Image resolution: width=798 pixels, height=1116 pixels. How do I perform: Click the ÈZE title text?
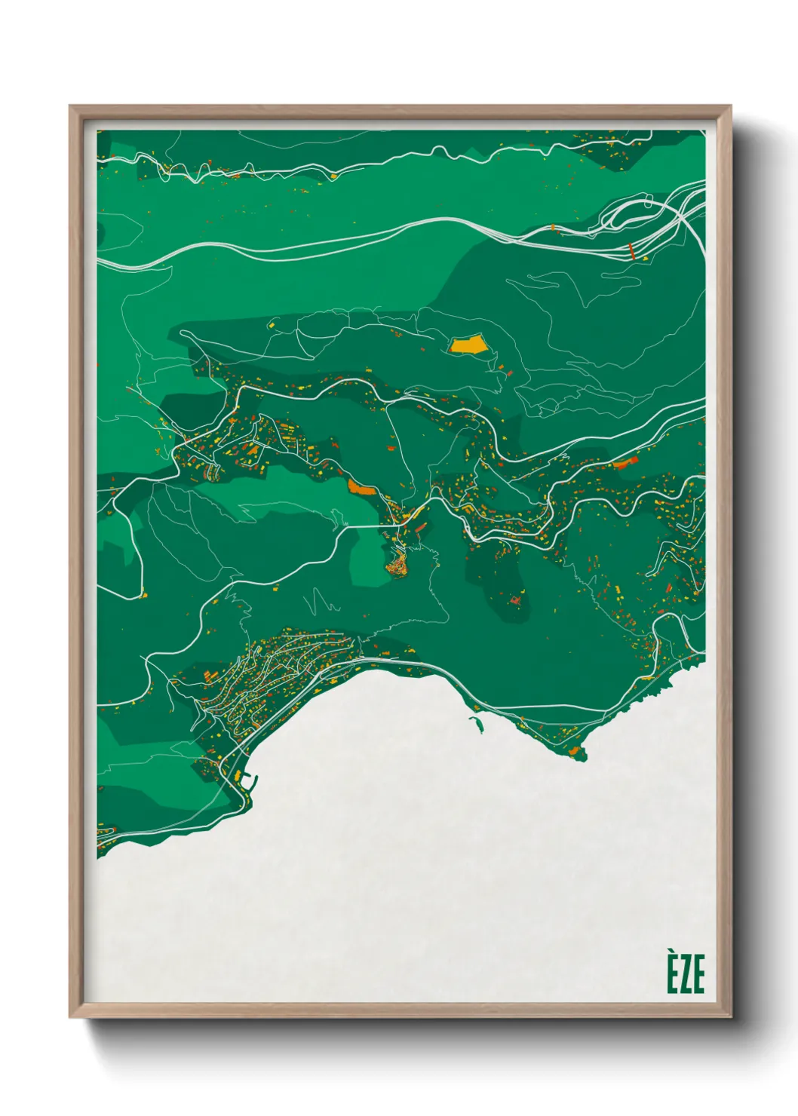click(685, 973)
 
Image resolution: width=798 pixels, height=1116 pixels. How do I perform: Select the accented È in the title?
click(672, 972)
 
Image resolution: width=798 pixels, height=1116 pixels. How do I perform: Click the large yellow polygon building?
click(468, 345)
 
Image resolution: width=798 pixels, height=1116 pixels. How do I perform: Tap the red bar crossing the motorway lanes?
click(632, 251)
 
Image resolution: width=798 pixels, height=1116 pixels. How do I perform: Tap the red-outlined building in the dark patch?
click(516, 601)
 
